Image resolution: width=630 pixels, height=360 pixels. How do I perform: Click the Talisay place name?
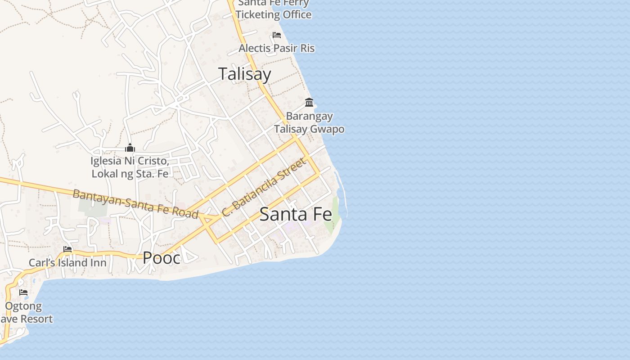(245, 74)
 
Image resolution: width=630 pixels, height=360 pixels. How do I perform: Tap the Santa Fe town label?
(296, 214)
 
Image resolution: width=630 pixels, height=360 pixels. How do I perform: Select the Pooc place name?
(162, 258)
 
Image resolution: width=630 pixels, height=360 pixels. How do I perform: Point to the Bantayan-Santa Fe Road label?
(135, 204)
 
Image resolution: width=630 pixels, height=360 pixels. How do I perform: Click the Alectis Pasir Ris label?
(276, 48)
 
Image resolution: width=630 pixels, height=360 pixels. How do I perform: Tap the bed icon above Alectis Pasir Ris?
(277, 35)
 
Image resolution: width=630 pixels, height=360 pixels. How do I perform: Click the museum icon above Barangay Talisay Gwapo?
(309, 103)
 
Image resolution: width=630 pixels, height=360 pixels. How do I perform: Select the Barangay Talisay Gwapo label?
(310, 122)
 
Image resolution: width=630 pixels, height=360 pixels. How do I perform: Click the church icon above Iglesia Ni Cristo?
(130, 148)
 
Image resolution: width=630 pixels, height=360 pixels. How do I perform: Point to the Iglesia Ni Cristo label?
(130, 167)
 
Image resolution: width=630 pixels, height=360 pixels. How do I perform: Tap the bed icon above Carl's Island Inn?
(68, 249)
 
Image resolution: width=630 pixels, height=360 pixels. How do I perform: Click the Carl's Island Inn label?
(67, 262)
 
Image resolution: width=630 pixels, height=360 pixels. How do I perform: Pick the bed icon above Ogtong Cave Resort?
(23, 292)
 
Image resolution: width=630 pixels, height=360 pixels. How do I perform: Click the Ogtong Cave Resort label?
(25, 313)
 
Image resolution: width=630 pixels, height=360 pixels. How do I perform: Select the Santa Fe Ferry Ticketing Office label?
(274, 9)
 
